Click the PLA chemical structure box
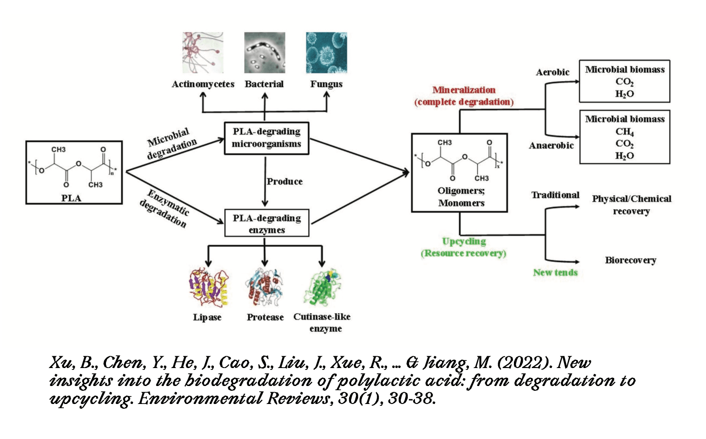(x=74, y=172)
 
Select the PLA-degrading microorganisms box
(x=266, y=138)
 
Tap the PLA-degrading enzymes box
(x=266, y=223)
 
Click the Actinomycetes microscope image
(x=203, y=53)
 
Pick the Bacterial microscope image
(x=265, y=53)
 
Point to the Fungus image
(x=326, y=53)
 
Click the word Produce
(x=284, y=182)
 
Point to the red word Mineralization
(x=464, y=90)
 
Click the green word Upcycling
(x=464, y=241)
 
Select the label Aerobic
(x=552, y=72)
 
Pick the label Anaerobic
(x=551, y=146)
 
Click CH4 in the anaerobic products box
(x=624, y=132)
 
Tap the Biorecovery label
(x=630, y=260)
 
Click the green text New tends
(x=555, y=272)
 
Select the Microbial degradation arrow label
(x=171, y=143)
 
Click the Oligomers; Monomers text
(x=461, y=197)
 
